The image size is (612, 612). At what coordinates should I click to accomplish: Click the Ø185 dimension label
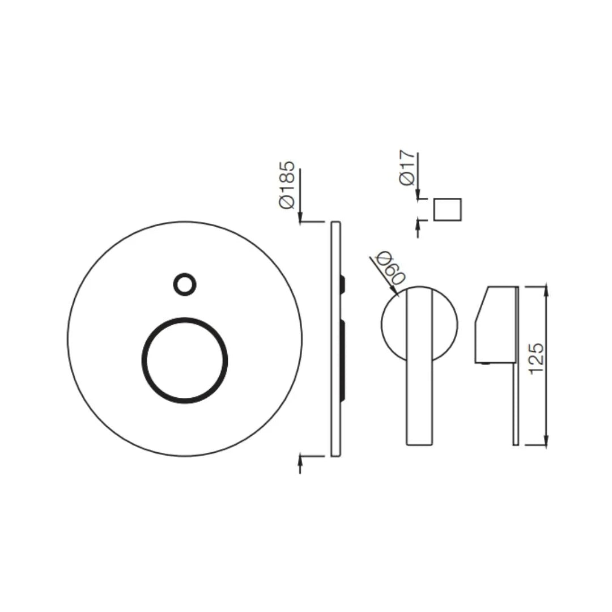288,185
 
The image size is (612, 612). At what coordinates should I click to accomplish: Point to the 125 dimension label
535,358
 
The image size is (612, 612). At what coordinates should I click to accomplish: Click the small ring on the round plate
185,284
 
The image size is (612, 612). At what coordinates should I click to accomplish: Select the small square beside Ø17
447,210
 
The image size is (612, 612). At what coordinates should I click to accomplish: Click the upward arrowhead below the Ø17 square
418,226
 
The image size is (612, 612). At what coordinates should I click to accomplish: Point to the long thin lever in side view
516,397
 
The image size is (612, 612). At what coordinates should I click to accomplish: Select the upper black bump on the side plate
343,283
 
